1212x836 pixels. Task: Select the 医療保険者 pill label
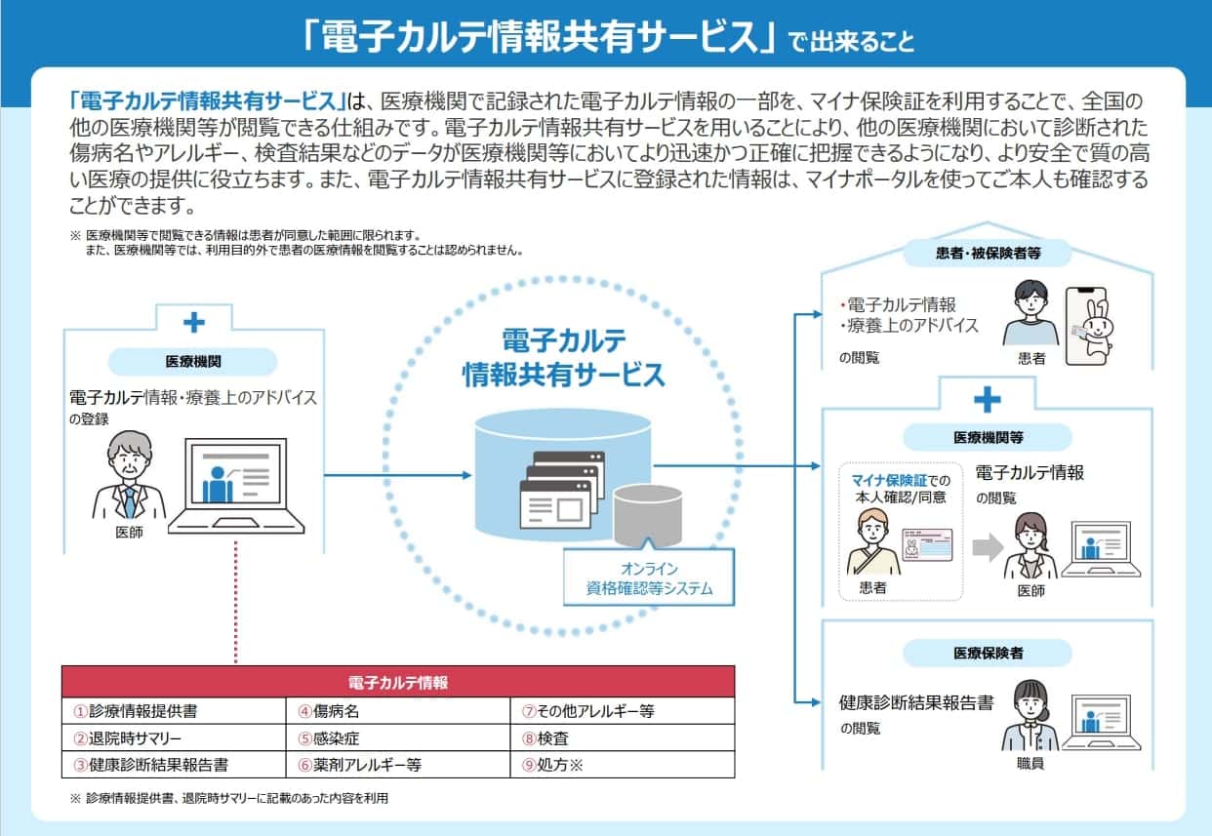point(988,653)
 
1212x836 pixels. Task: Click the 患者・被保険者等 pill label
point(988,255)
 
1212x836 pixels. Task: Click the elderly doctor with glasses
point(128,478)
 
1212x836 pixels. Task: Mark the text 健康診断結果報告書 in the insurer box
point(916,702)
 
